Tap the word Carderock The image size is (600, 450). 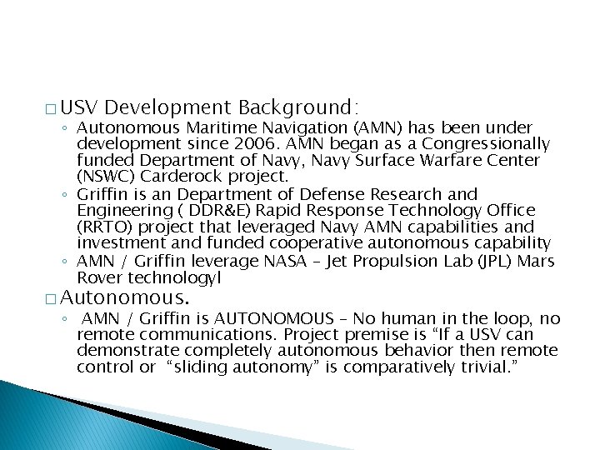(x=174, y=176)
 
